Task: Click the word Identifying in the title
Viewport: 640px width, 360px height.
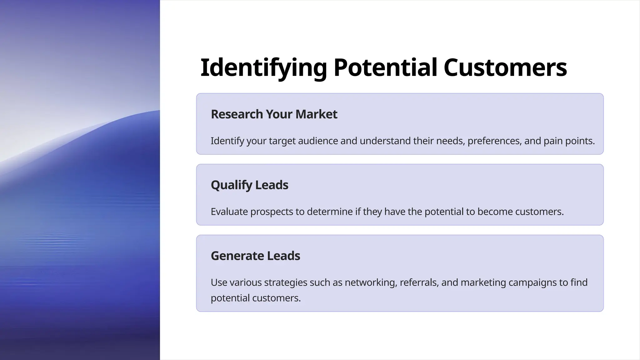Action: tap(263, 68)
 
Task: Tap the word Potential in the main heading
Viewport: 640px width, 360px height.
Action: tap(385, 68)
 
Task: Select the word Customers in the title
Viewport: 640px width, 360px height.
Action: tap(505, 68)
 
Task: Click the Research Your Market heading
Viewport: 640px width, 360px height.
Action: tap(274, 114)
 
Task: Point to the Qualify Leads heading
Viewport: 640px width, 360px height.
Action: tap(249, 185)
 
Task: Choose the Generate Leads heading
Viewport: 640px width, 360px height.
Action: tap(255, 256)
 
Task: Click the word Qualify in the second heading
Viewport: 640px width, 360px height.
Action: tap(231, 185)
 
